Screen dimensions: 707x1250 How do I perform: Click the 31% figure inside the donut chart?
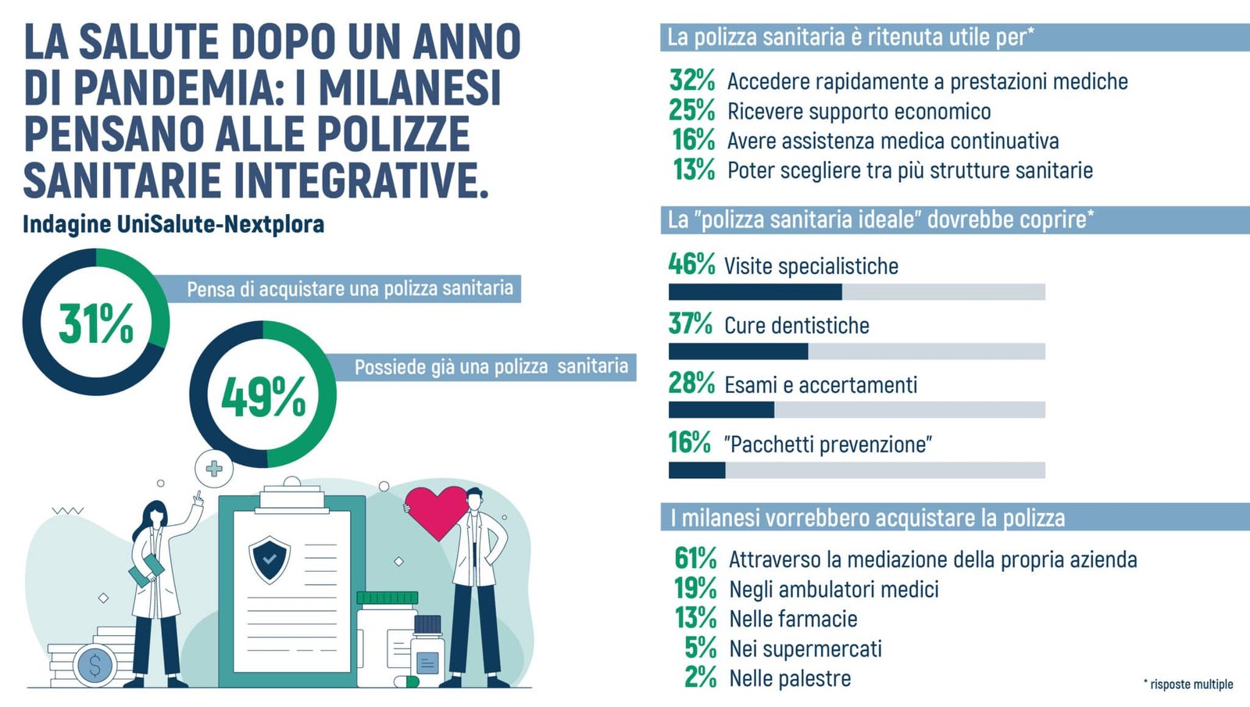[x=96, y=323]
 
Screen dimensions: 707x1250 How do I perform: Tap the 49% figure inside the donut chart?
[x=263, y=396]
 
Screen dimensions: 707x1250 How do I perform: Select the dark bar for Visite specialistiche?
[x=755, y=292]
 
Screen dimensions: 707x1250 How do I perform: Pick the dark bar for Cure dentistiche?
[x=738, y=352]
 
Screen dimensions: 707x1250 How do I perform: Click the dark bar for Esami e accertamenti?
[x=721, y=410]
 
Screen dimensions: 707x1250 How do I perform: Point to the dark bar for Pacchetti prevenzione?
[x=697, y=470]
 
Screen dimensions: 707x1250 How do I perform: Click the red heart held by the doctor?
[x=435, y=511]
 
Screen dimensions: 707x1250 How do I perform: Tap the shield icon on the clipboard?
[x=270, y=559]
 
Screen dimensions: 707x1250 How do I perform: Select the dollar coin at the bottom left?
[x=95, y=666]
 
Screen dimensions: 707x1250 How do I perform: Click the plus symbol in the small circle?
[x=213, y=469]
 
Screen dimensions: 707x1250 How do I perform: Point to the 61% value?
[x=695, y=559]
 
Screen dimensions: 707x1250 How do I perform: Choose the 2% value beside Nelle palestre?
[x=700, y=677]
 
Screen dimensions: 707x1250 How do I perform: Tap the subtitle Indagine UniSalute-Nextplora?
[x=173, y=224]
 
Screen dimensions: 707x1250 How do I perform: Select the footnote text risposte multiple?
[x=1190, y=684]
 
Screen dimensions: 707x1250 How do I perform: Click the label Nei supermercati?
[x=805, y=648]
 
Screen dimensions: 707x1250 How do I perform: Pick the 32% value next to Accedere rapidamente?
[x=692, y=80]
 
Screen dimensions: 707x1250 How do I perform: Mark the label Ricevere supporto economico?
[x=859, y=111]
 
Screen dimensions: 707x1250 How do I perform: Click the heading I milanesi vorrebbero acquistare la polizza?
[x=867, y=518]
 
